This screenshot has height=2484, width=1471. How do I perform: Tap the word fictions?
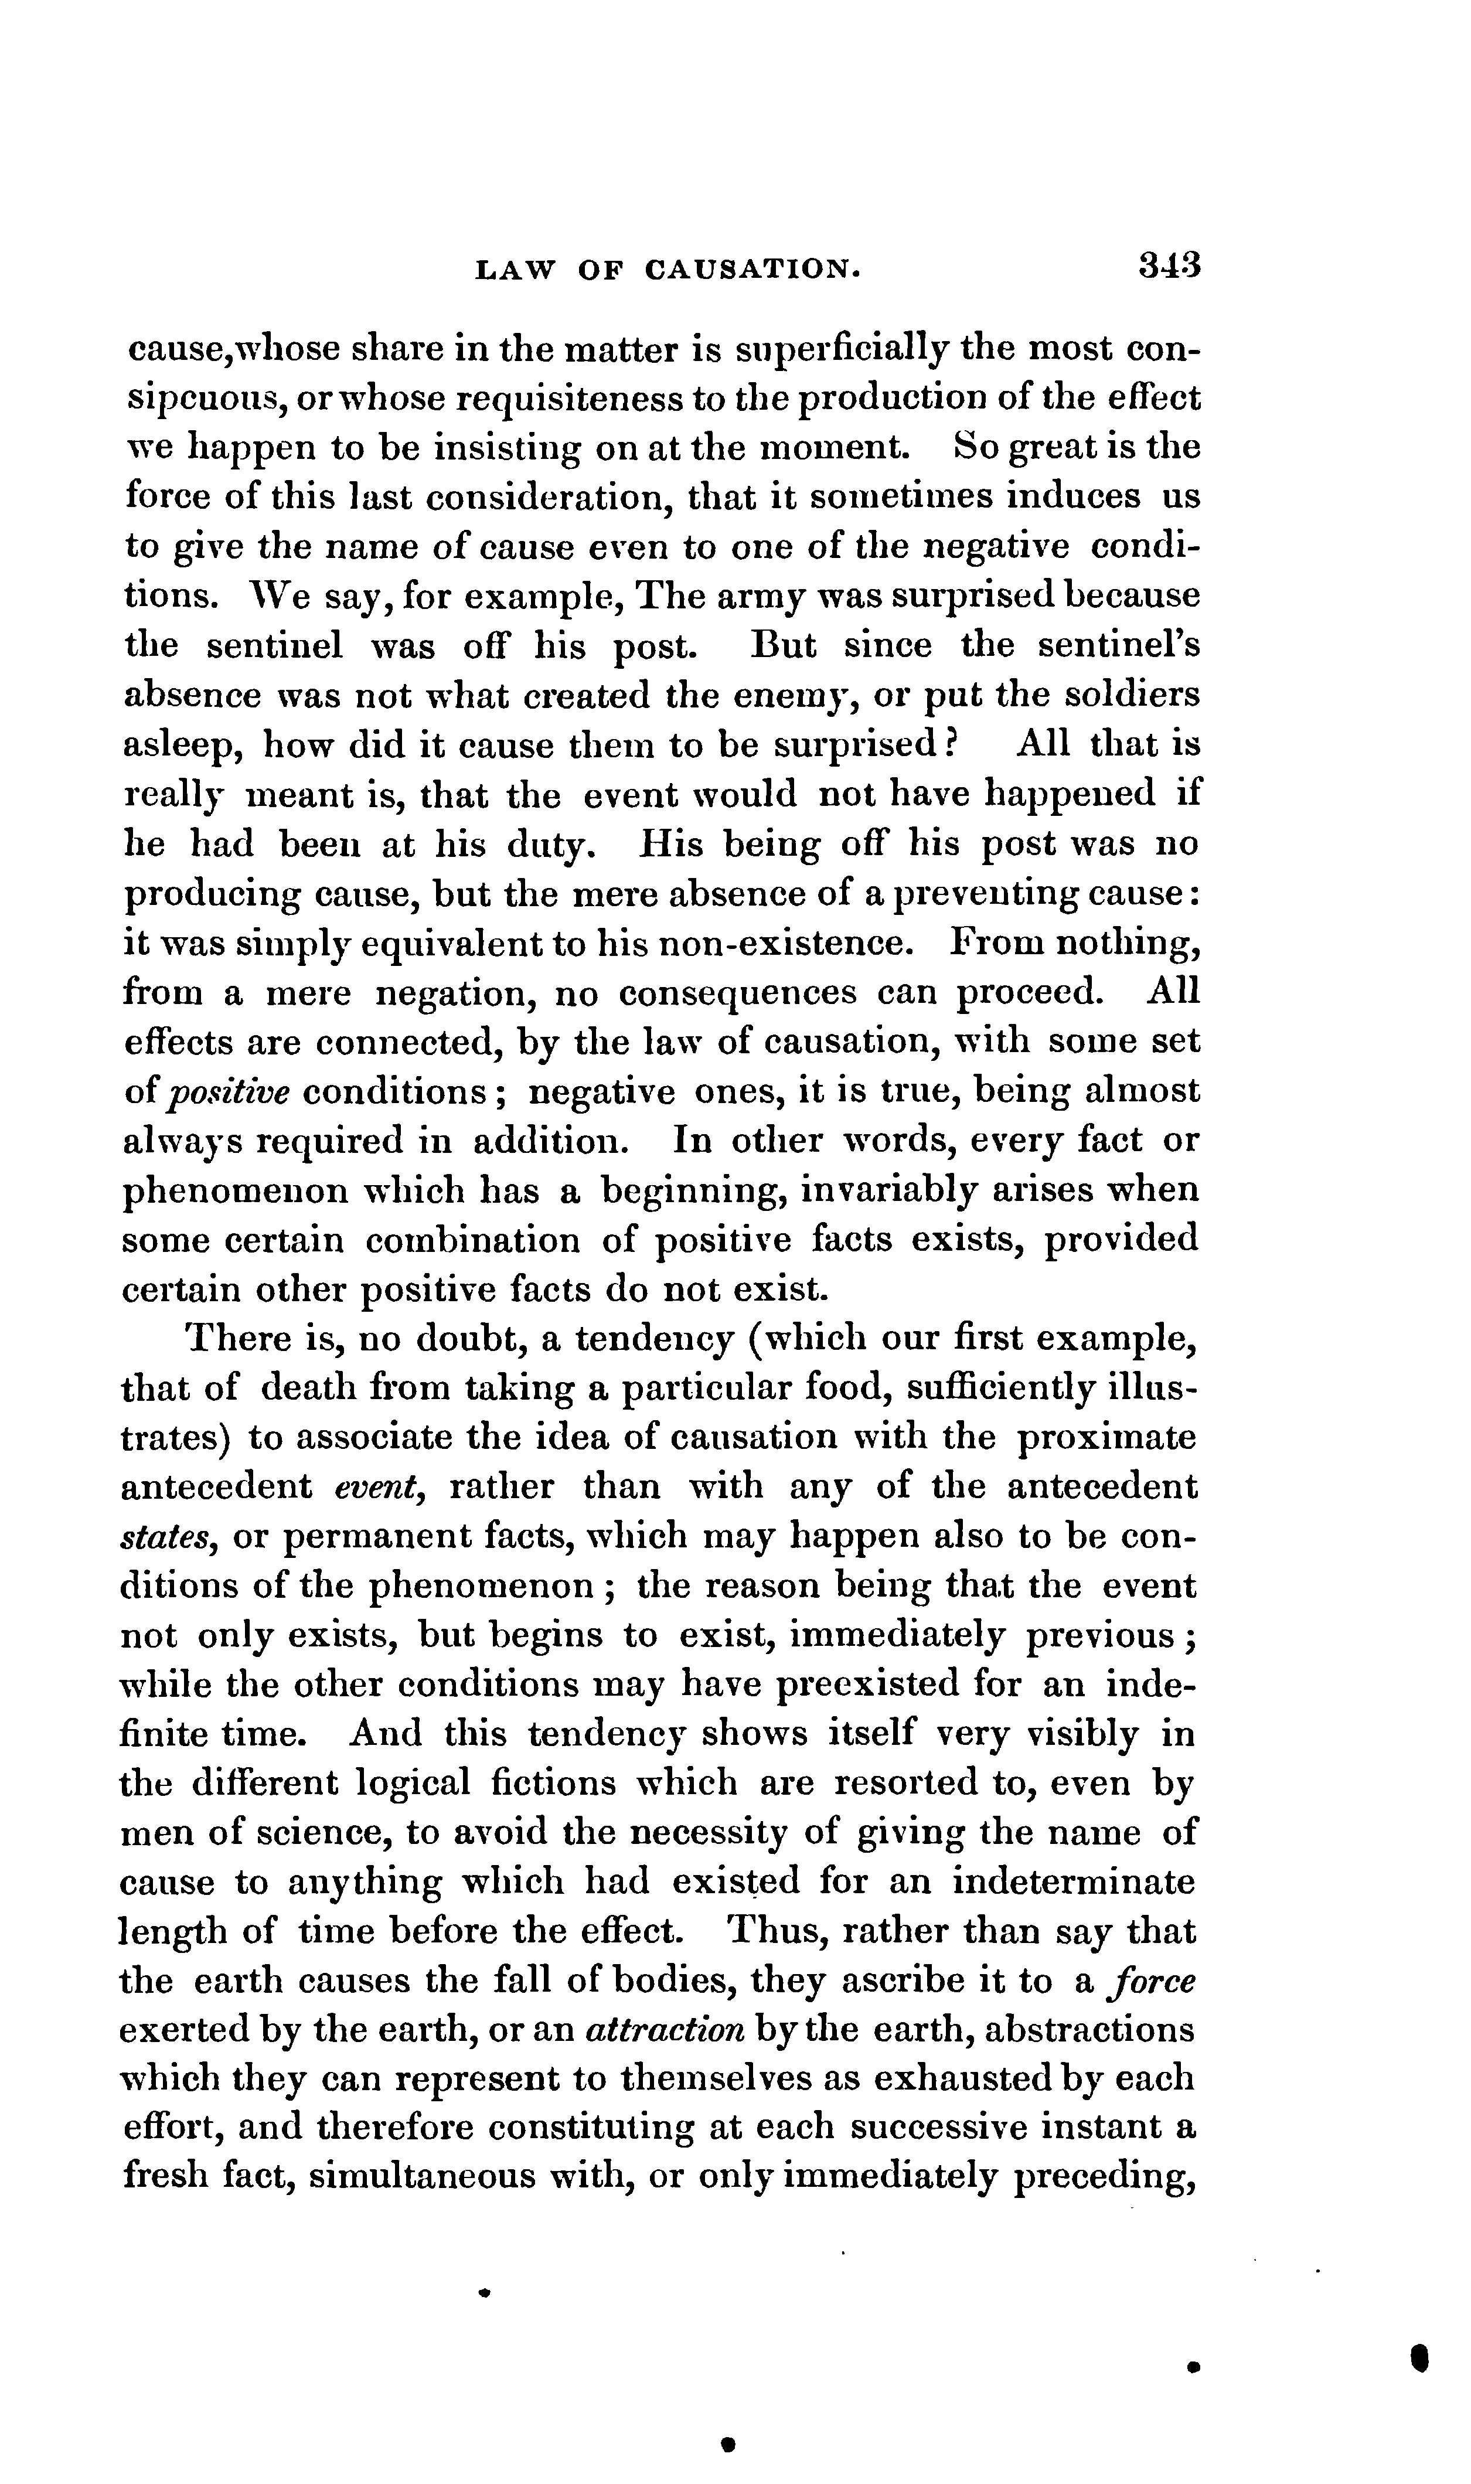(x=553, y=1784)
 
